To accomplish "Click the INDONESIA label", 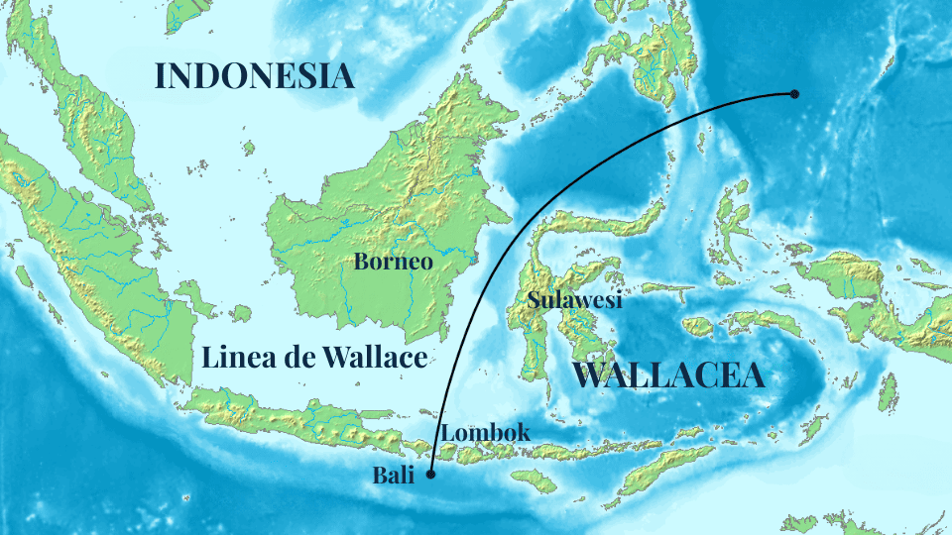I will pos(255,76).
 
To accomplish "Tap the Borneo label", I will pos(394,263).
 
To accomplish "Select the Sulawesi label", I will pos(575,300).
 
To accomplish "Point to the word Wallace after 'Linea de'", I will pos(375,358).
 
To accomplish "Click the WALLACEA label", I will pos(668,375).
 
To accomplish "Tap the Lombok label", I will pos(486,433).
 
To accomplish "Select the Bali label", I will pos(393,475).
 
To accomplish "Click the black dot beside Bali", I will pos(430,475).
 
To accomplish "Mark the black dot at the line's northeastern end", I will pos(794,94).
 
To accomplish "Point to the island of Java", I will pos(297,421).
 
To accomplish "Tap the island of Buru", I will pos(698,326).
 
